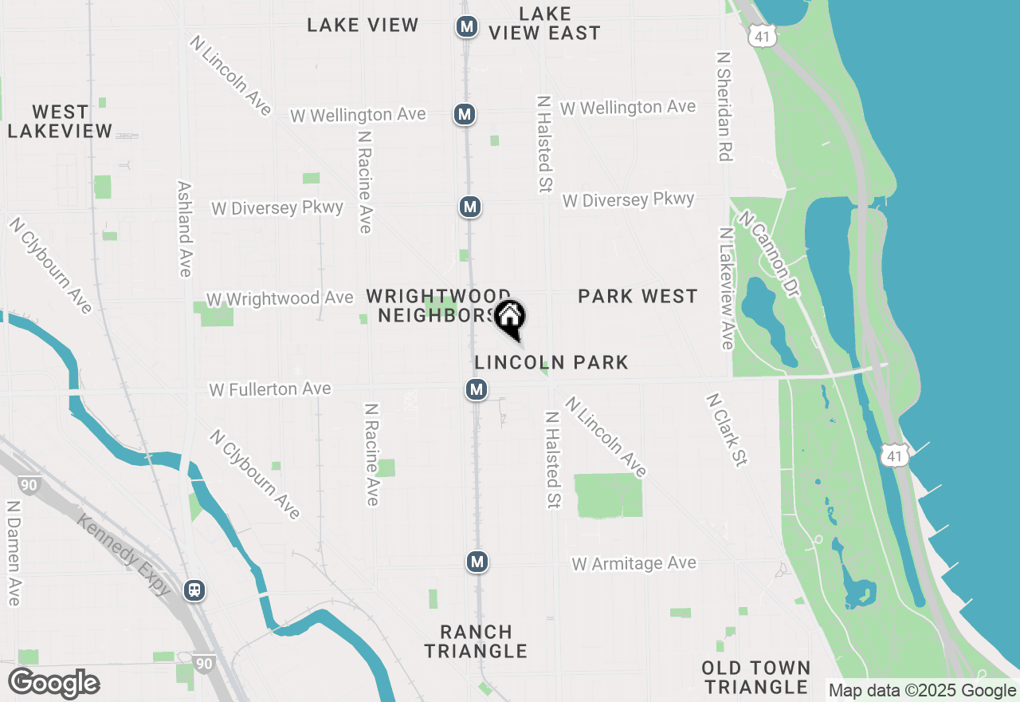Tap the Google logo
point(53,684)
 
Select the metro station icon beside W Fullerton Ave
point(477,389)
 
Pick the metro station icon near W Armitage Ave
point(477,562)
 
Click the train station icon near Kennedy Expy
point(194,590)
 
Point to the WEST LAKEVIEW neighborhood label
point(60,121)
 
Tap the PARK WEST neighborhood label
point(637,296)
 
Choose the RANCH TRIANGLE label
point(476,641)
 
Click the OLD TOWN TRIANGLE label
point(756,676)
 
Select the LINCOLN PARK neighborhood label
point(551,362)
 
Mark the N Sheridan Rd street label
point(724,107)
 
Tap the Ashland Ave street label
point(185,228)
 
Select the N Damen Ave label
point(13,553)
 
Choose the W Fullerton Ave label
point(270,389)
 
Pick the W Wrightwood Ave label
point(280,298)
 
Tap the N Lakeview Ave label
point(726,288)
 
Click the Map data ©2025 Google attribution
point(922,691)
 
